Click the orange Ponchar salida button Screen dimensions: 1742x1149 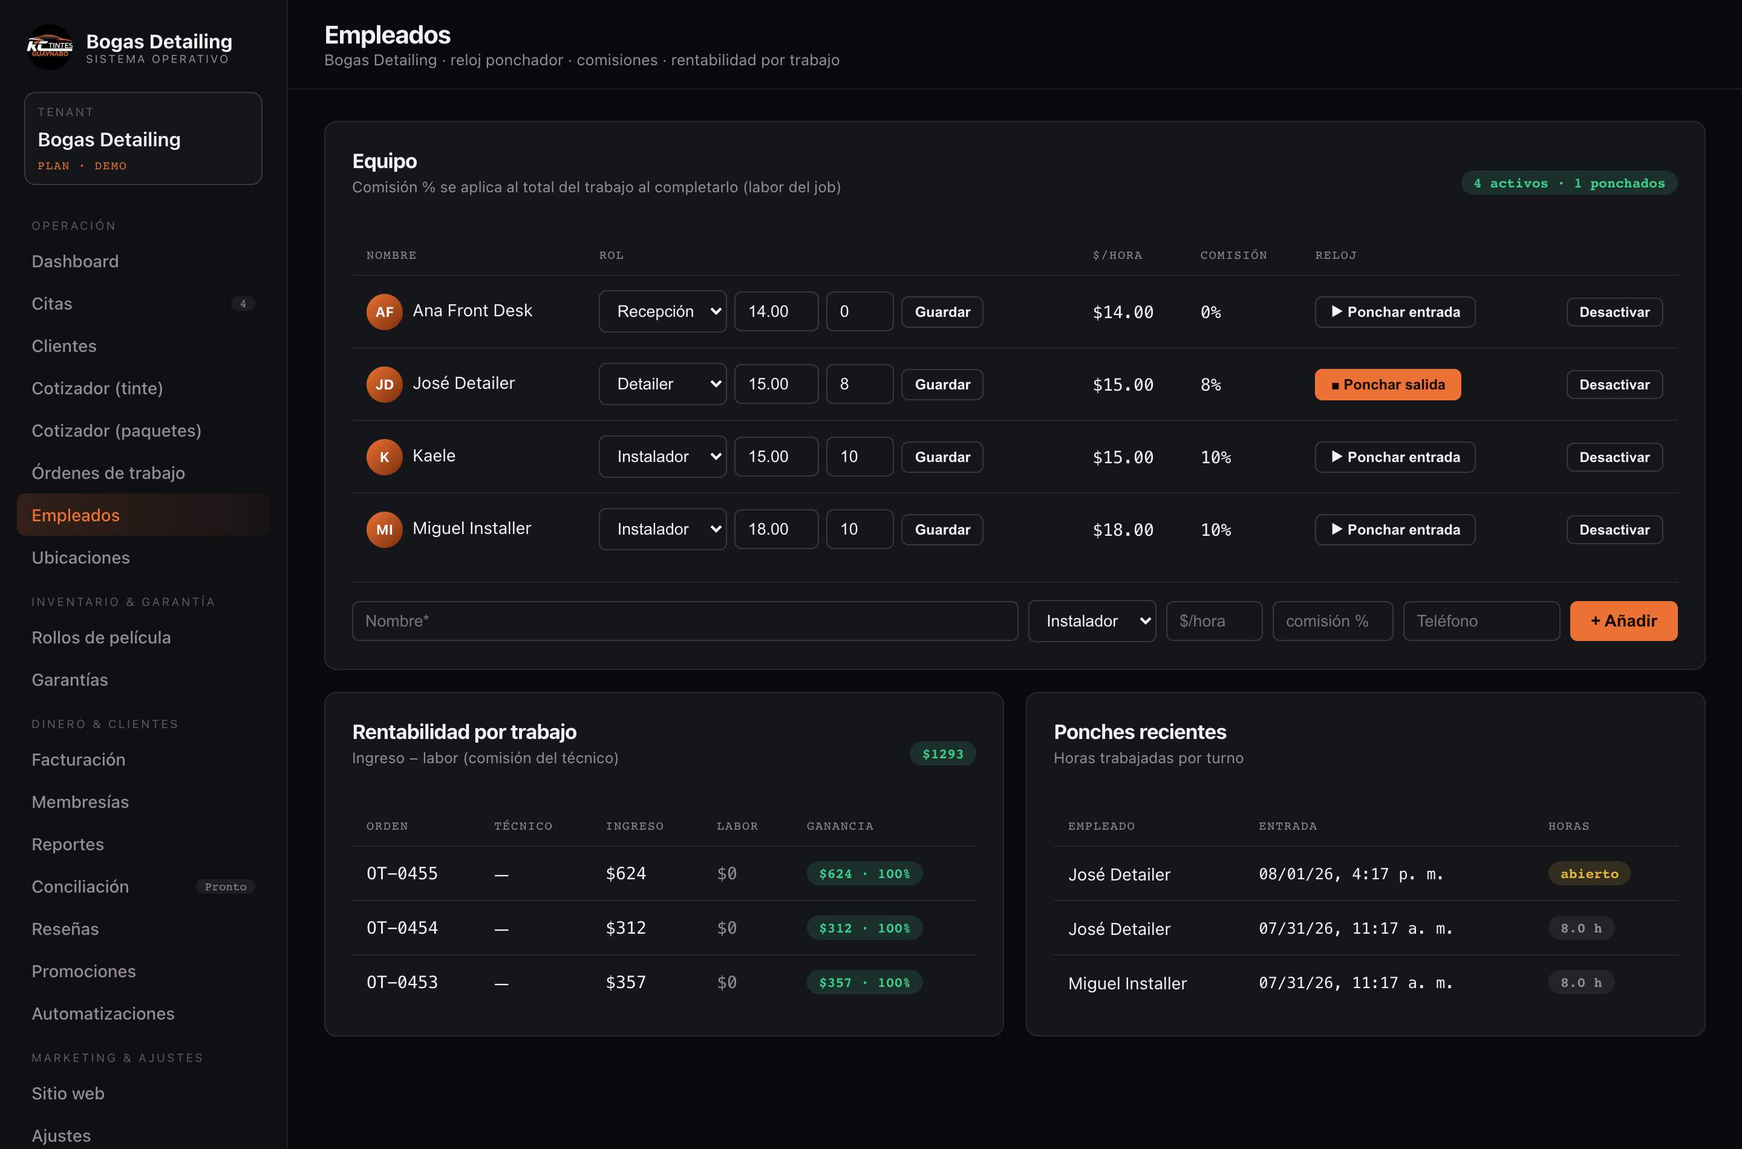(x=1388, y=385)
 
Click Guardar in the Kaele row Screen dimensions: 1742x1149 (x=942, y=457)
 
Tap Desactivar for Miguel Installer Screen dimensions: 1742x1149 (x=1614, y=530)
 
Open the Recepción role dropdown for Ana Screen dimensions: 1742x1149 (x=662, y=311)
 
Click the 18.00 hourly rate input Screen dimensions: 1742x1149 (x=776, y=529)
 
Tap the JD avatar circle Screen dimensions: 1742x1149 (x=384, y=385)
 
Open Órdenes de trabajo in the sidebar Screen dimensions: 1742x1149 (x=108, y=473)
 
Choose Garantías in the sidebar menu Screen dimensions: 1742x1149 (x=70, y=680)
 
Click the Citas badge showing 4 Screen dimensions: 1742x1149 (x=243, y=304)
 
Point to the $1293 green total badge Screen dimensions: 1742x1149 (x=942, y=754)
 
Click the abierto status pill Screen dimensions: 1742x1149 (x=1589, y=873)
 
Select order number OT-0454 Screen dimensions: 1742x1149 (x=402, y=928)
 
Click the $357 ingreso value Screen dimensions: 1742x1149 (x=626, y=983)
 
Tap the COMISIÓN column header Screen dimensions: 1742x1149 (x=1233, y=255)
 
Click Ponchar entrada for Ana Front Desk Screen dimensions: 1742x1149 (x=1395, y=312)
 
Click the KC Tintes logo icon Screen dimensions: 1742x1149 (x=50, y=48)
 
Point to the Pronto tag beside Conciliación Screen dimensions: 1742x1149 (x=226, y=887)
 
